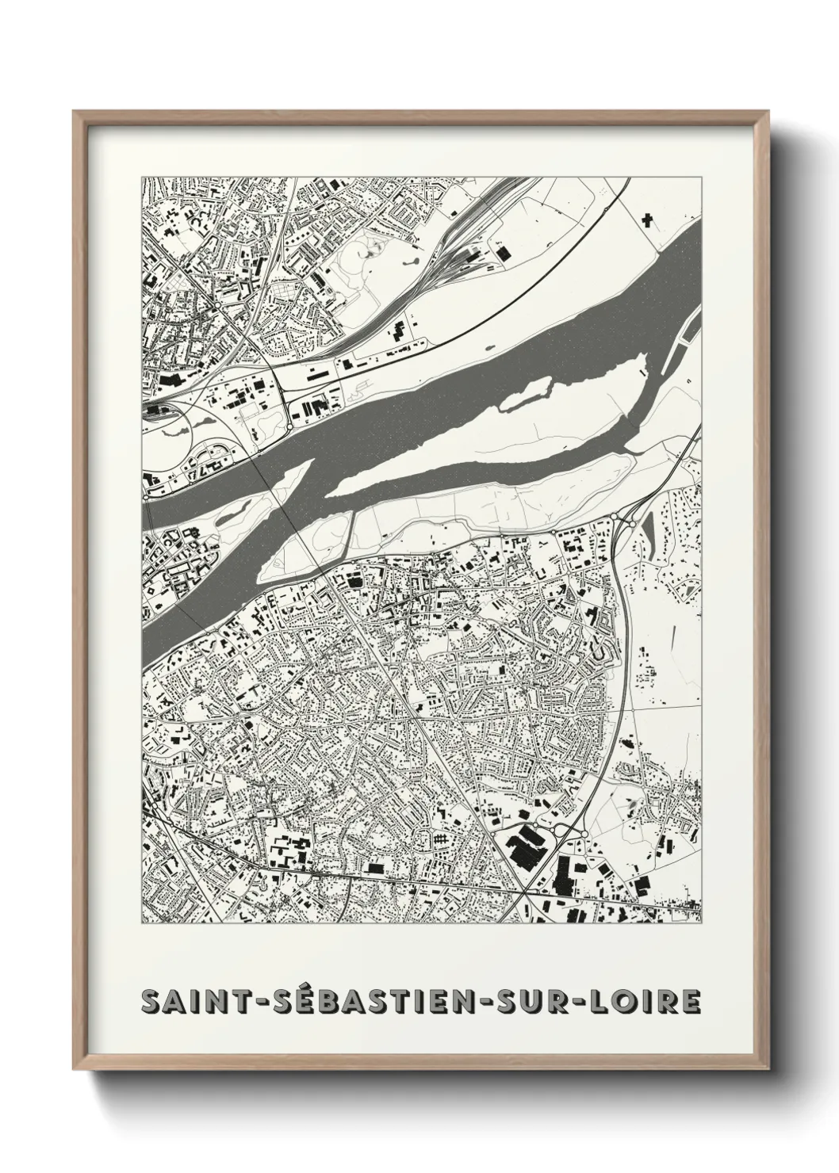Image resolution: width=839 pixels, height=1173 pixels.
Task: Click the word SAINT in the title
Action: tap(190, 1002)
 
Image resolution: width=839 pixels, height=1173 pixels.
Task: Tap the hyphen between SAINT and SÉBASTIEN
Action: tap(253, 1003)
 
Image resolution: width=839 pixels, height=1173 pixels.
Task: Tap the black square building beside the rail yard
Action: tap(502, 252)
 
